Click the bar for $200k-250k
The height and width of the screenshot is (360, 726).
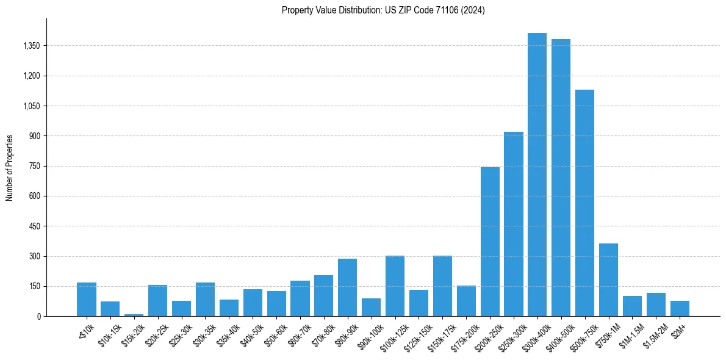pos(490,242)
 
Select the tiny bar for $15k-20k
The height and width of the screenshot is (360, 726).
pos(134,315)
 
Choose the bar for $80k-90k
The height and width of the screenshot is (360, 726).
pos(347,287)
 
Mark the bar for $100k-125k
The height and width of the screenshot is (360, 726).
pos(395,286)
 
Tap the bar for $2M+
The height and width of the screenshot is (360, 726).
pos(680,308)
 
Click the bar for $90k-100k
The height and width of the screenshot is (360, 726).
pos(371,307)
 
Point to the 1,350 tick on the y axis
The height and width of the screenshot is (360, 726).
pos(30,46)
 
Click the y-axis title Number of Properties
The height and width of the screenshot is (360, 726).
pos(9,168)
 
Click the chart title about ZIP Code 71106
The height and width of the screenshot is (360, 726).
pos(383,10)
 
